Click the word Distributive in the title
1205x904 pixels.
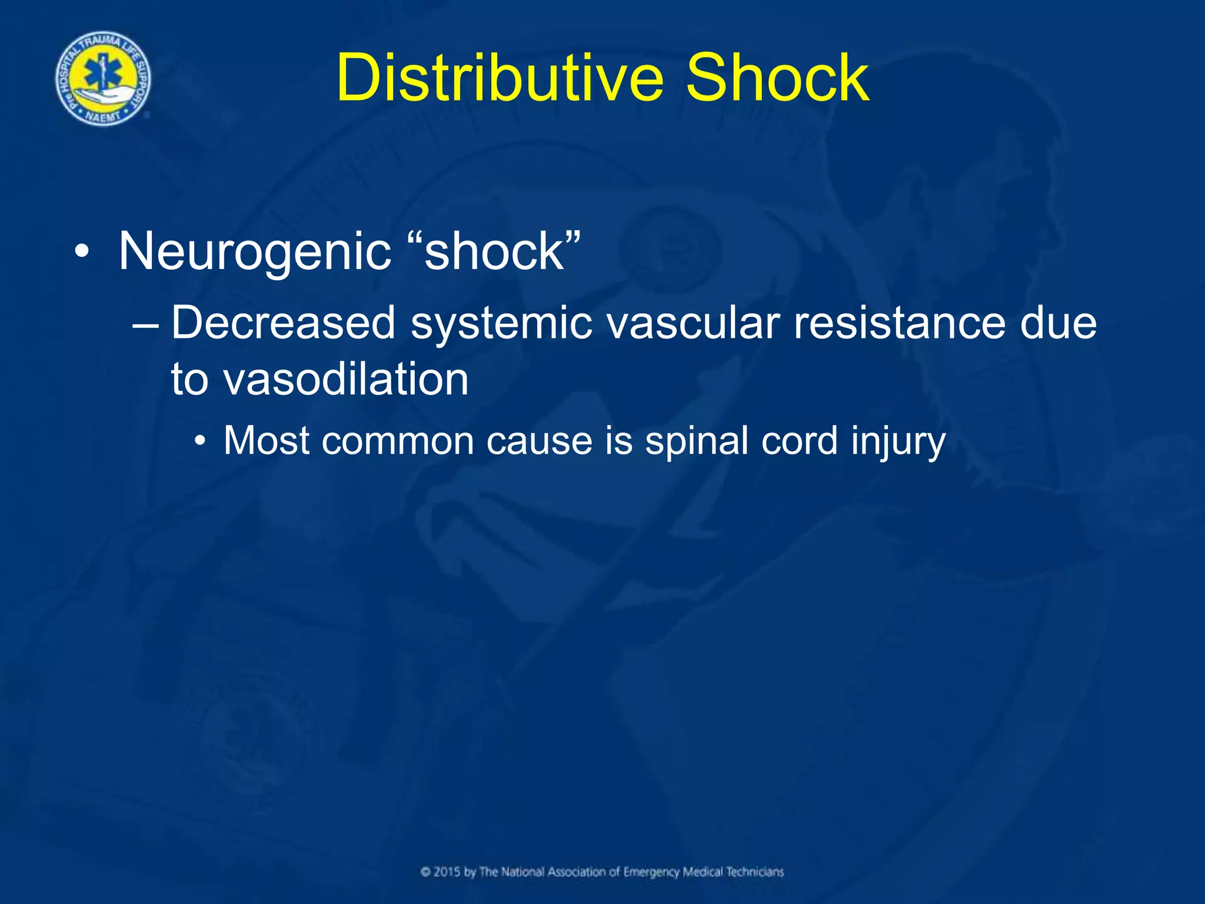[500, 78]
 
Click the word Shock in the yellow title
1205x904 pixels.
[777, 78]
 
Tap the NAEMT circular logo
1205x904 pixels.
[103, 79]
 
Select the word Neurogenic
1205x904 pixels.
[255, 251]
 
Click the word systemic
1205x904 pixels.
[501, 324]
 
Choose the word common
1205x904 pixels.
[398, 441]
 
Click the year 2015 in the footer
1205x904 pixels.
[447, 872]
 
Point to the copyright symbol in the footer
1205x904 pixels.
[426, 872]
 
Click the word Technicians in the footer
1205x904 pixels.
[755, 872]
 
